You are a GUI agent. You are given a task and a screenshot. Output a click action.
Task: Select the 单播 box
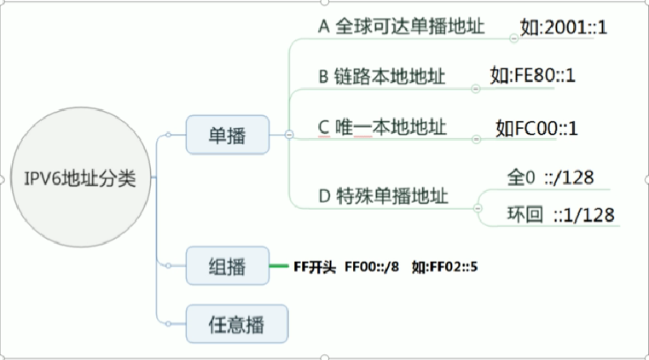point(227,135)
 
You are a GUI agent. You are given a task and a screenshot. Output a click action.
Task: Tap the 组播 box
point(227,267)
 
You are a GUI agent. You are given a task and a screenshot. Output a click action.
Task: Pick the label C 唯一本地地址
point(381,127)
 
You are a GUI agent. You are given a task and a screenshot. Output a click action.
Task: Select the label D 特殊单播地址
point(381,196)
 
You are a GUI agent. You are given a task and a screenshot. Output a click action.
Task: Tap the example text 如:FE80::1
point(533,76)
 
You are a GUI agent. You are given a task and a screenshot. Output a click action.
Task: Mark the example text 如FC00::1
point(537,128)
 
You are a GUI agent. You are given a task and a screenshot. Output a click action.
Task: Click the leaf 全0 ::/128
point(550,177)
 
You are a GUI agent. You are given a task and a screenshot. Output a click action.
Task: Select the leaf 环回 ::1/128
point(559,214)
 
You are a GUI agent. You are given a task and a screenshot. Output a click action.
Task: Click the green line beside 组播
point(280,267)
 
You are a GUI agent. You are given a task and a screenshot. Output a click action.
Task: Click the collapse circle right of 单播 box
point(288,135)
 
